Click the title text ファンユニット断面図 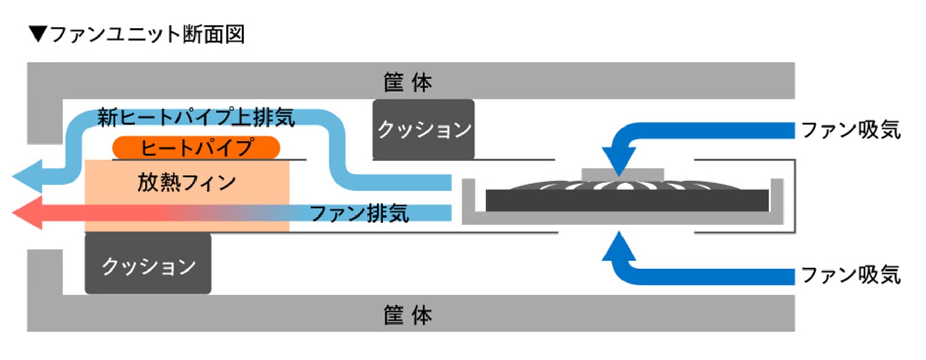click(x=147, y=34)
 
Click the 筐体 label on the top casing click(x=407, y=82)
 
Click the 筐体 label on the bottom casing click(x=407, y=315)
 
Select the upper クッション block click(x=423, y=130)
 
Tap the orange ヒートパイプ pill click(x=196, y=148)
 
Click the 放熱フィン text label click(x=186, y=183)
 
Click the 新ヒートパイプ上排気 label click(x=195, y=117)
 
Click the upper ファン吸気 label click(x=850, y=130)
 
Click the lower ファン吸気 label click(x=850, y=275)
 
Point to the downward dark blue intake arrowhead click(x=619, y=159)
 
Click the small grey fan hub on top click(x=622, y=174)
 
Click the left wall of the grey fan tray click(x=468, y=198)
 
